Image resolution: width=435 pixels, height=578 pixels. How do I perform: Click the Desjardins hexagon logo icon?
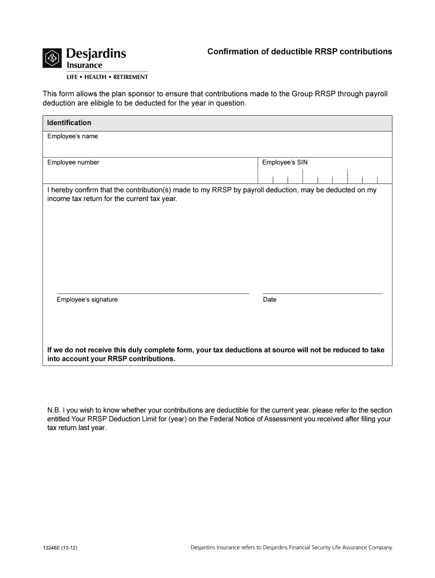click(x=53, y=58)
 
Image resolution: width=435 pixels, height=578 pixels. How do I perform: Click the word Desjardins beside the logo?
click(x=96, y=54)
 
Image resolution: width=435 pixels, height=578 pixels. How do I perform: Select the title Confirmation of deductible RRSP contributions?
click(x=299, y=51)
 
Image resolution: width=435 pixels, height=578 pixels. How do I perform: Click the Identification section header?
click(x=69, y=123)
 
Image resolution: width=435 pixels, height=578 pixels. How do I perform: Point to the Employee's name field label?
click(x=72, y=137)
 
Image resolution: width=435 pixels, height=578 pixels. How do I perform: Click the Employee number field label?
click(x=73, y=163)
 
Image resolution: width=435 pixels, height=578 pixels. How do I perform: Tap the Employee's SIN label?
click(x=285, y=163)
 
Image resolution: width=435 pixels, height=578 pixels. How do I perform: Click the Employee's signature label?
click(x=87, y=300)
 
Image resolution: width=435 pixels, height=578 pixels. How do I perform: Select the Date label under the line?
click(x=269, y=300)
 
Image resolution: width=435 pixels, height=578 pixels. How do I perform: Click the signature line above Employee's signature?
click(x=153, y=294)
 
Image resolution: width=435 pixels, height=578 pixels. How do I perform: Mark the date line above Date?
click(x=322, y=294)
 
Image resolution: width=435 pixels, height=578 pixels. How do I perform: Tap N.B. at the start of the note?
click(x=54, y=410)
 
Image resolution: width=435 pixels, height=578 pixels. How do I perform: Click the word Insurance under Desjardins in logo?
click(x=85, y=65)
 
